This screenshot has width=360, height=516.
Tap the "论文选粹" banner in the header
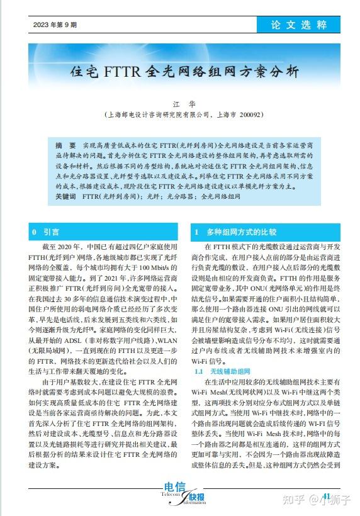299,25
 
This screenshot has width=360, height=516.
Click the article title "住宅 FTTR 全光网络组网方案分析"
184,70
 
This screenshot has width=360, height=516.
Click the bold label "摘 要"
66,145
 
